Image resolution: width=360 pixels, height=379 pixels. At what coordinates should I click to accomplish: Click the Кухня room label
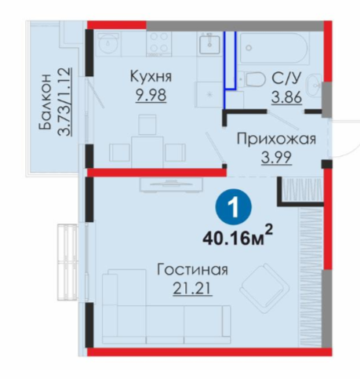[x=151, y=77]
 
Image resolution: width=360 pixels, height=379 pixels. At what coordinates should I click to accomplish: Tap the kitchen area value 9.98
[x=151, y=95]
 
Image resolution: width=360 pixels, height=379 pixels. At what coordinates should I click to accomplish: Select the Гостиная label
[x=192, y=270]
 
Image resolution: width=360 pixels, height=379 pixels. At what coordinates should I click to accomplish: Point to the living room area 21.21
[x=192, y=289]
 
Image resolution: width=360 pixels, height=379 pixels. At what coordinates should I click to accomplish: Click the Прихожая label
[x=276, y=139]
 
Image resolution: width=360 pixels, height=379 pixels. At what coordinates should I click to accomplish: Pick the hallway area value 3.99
[x=276, y=158]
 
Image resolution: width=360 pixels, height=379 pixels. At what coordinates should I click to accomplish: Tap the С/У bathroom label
[x=286, y=78]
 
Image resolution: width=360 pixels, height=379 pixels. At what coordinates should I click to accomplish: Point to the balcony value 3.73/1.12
[x=64, y=102]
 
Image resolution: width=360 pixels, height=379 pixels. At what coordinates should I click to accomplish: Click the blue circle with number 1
[x=233, y=206]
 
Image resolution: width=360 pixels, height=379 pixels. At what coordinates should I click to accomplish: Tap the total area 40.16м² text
[x=238, y=236]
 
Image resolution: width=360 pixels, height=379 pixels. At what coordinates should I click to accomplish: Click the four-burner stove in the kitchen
[x=158, y=44]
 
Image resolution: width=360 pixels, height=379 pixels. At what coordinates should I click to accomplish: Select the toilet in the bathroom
[x=253, y=79]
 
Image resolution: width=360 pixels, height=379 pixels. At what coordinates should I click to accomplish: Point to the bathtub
[x=275, y=48]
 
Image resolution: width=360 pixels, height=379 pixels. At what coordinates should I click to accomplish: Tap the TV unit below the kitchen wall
[x=172, y=185]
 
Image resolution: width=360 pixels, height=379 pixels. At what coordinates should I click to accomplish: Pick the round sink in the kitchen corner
[x=107, y=43]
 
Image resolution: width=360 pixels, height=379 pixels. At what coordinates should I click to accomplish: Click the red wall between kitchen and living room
[x=157, y=173]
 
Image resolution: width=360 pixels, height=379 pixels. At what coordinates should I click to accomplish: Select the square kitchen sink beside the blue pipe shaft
[x=209, y=45]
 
